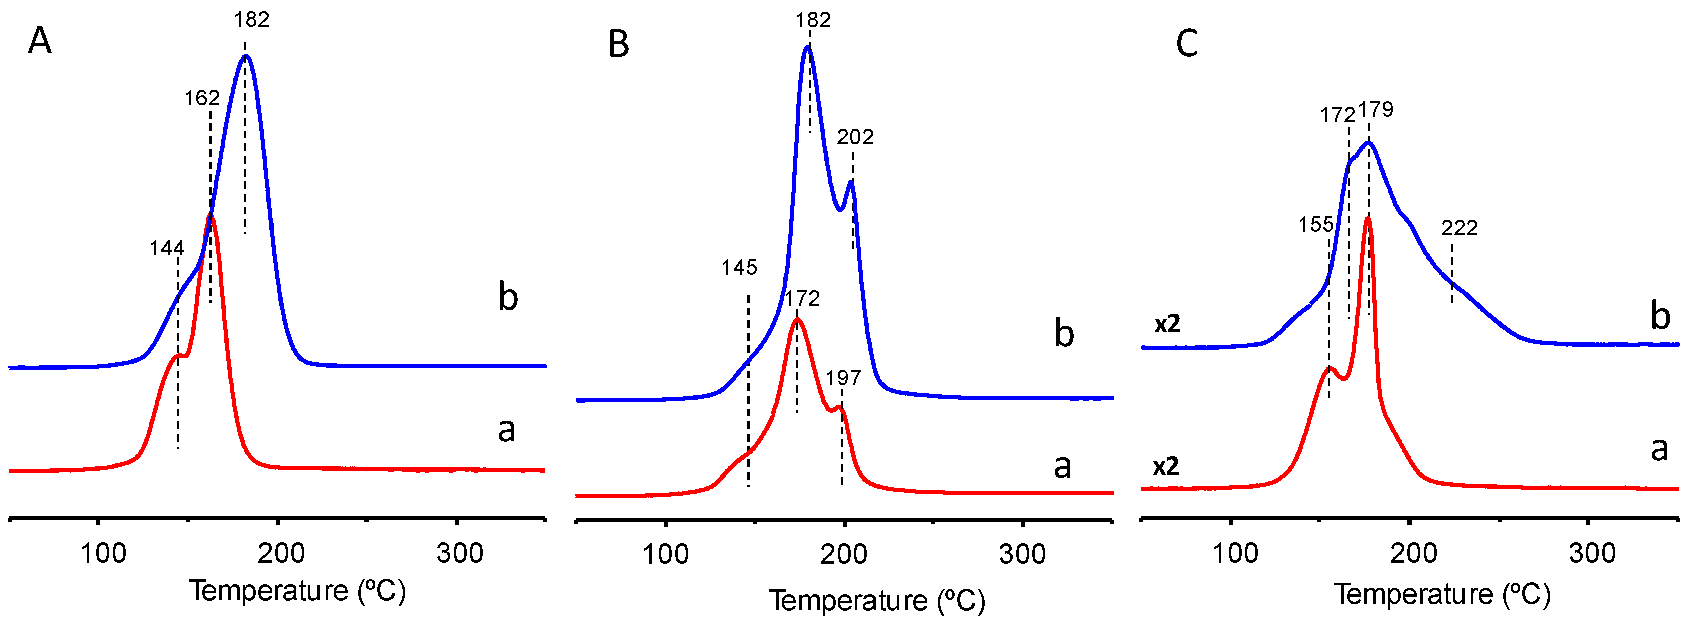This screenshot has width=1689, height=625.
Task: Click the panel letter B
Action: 618,44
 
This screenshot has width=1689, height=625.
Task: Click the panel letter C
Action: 1187,44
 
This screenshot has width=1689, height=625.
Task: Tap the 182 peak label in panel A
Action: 252,20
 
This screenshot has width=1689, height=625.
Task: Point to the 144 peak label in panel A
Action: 167,248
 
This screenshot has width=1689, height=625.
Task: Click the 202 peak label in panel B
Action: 855,137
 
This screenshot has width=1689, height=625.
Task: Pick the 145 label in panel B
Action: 739,267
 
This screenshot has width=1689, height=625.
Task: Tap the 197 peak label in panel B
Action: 843,378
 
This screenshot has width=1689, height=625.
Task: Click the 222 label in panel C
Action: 1459,228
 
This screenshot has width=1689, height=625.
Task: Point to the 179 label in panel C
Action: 1376,109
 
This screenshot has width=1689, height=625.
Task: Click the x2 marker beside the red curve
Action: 1166,466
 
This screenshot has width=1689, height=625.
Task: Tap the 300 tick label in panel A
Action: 460,553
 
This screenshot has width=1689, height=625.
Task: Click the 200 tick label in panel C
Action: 1414,553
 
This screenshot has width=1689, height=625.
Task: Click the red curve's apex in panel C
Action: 1368,219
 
